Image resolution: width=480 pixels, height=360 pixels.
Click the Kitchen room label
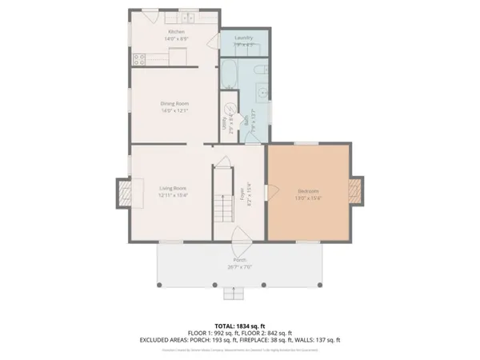pyautogui.click(x=176, y=32)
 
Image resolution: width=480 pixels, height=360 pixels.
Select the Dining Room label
pyautogui.click(x=174, y=103)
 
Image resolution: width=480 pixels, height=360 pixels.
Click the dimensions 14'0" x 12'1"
pyautogui.click(x=174, y=110)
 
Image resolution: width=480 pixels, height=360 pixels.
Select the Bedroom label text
pyautogui.click(x=308, y=191)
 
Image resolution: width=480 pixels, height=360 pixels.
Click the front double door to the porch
pyautogui.click(x=239, y=236)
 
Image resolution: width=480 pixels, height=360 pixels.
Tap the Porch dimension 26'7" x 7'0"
pyautogui.click(x=239, y=266)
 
